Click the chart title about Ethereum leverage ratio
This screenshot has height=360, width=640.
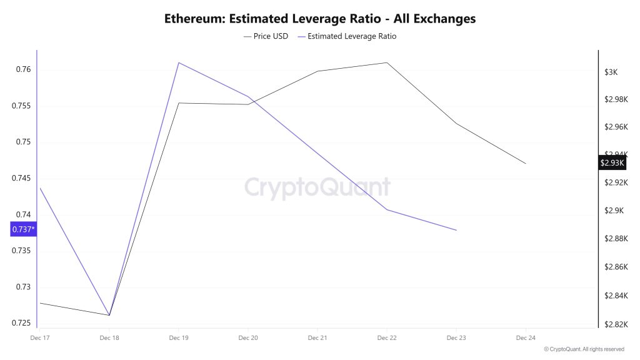pyautogui.click(x=320, y=18)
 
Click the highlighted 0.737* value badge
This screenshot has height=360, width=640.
pyautogui.click(x=23, y=229)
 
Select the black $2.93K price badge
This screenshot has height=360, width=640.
pyautogui.click(x=612, y=162)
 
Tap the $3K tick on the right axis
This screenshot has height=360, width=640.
pyautogui.click(x=611, y=72)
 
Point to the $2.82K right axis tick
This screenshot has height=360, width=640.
pyautogui.click(x=614, y=324)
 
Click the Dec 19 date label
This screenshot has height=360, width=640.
pyautogui.click(x=179, y=337)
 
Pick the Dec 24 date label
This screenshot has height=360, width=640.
pyautogui.click(x=526, y=337)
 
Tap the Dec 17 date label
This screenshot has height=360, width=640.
pyautogui.click(x=40, y=337)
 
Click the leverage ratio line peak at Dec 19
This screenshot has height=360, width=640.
pyautogui.click(x=179, y=62)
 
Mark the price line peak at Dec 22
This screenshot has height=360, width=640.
pyautogui.click(x=387, y=62)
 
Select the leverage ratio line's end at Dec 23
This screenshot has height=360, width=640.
pyautogui.click(x=456, y=230)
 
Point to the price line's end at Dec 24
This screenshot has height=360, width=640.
pyautogui.click(x=526, y=164)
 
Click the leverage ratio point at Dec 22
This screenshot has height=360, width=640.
pyautogui.click(x=387, y=209)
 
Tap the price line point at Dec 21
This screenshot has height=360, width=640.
pyautogui.click(x=317, y=71)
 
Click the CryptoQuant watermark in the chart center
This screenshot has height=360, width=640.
pyautogui.click(x=316, y=187)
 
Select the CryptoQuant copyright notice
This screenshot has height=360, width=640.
pyautogui.click(x=584, y=349)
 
